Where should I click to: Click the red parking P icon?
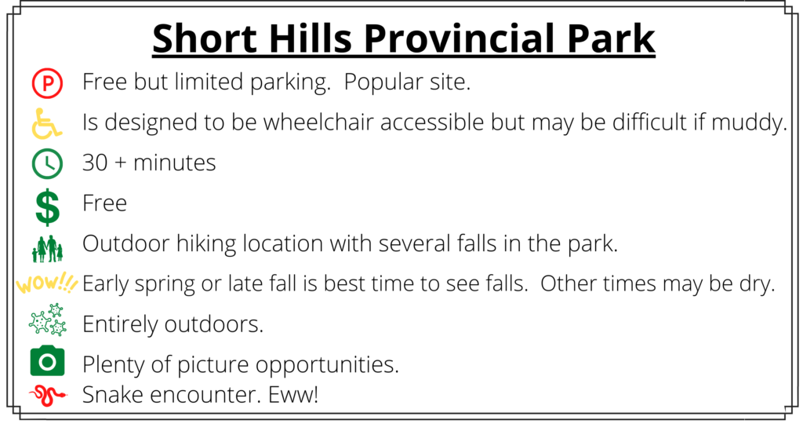pyautogui.click(x=47, y=83)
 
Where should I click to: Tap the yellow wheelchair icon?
pyautogui.click(x=46, y=123)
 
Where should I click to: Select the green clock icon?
pyautogui.click(x=47, y=163)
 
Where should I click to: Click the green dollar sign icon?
pyautogui.click(x=48, y=207)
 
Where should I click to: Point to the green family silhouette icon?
pyautogui.click(x=47, y=249)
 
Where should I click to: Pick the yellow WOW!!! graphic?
pyautogui.click(x=46, y=283)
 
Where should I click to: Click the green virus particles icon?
pyautogui.click(x=48, y=320)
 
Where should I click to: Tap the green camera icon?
pyautogui.click(x=47, y=360)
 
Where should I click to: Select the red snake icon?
pyautogui.click(x=48, y=396)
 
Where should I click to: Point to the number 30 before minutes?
pyautogui.click(x=95, y=163)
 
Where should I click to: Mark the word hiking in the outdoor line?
pyautogui.click(x=206, y=244)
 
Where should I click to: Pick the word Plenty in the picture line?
pyautogui.click(x=114, y=365)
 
